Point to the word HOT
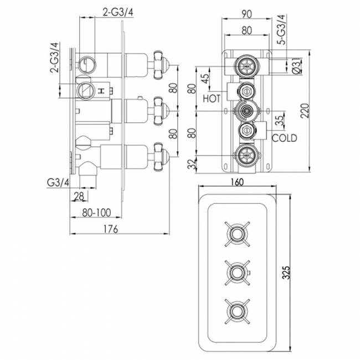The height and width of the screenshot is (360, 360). pyautogui.click(x=212, y=99)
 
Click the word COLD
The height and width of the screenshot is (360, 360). pyautogui.click(x=285, y=138)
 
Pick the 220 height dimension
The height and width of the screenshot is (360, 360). pyautogui.click(x=302, y=113)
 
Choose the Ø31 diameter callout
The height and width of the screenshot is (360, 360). pyautogui.click(x=297, y=66)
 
